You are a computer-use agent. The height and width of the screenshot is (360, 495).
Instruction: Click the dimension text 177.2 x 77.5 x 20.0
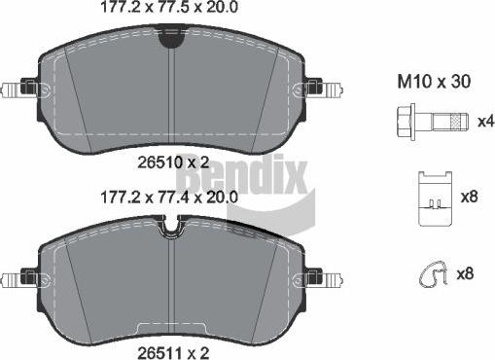click(170, 9)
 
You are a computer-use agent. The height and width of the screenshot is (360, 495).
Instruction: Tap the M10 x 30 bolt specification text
click(434, 83)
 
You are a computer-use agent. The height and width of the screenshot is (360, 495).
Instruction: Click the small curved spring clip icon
click(427, 276)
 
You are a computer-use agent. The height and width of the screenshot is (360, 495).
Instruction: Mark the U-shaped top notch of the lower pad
click(171, 228)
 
